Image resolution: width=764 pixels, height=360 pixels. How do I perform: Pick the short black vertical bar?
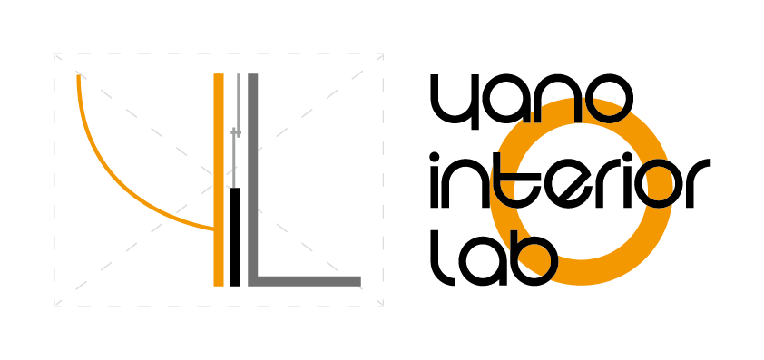pyautogui.click(x=235, y=236)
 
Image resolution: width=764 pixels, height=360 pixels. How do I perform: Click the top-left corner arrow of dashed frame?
pyautogui.click(x=58, y=57)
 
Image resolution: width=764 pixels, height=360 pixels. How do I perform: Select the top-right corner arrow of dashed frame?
pyautogui.click(x=379, y=57)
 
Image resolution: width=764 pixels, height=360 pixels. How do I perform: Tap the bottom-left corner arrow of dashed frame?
pyautogui.click(x=58, y=302)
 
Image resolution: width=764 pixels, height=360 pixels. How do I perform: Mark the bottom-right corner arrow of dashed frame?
pyautogui.click(x=379, y=302)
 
